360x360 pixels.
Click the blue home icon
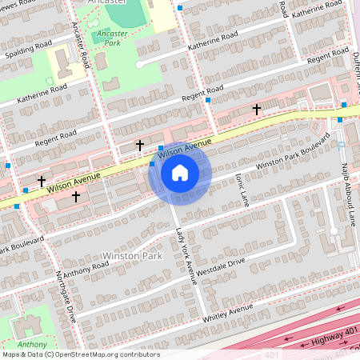(x=180, y=172)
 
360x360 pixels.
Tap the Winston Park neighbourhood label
(x=132, y=256)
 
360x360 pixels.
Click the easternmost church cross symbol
(x=257, y=108)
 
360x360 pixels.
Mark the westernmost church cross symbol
(x=41, y=182)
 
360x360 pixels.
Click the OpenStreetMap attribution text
(x=80, y=354)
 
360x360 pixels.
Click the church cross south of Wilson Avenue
(x=76, y=196)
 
